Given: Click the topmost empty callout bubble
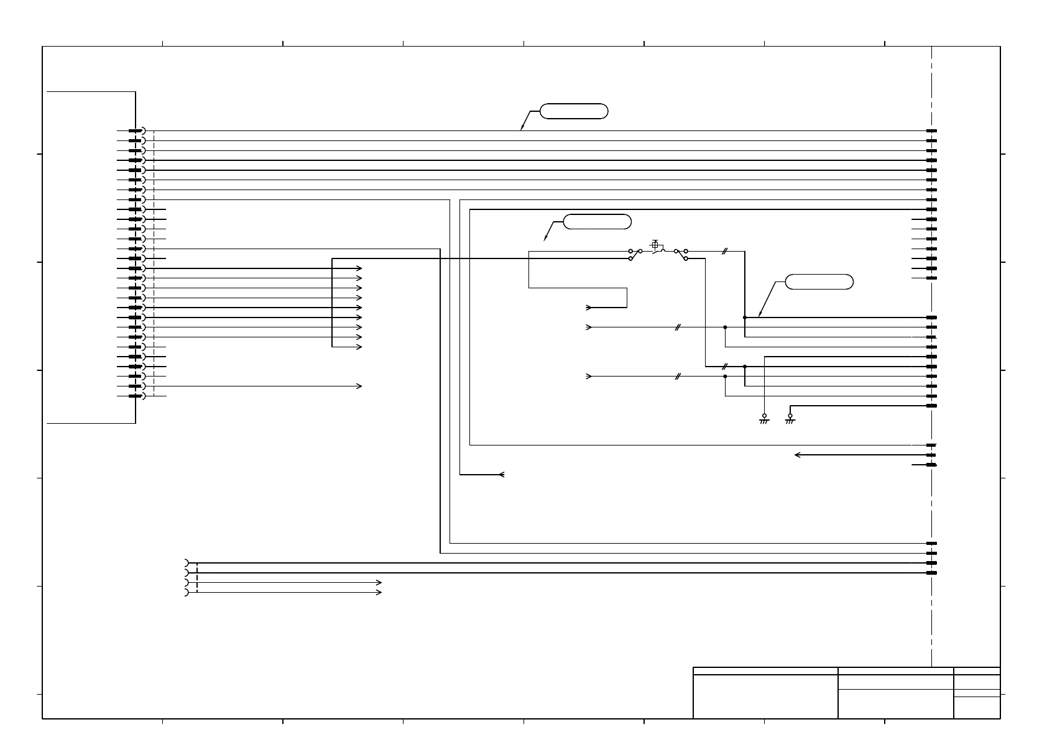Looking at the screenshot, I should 573,111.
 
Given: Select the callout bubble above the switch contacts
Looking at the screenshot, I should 597,221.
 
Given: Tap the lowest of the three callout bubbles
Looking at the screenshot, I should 819,281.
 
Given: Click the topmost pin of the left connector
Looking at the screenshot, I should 136,130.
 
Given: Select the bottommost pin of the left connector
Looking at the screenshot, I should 136,396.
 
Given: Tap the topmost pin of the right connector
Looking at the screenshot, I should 931,130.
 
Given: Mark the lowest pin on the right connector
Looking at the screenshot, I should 931,573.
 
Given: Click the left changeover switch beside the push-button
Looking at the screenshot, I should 635,254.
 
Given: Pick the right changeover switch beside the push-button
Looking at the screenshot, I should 681,254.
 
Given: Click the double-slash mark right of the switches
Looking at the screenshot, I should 724,251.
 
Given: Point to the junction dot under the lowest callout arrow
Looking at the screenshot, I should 744,317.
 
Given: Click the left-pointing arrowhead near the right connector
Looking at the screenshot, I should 798,455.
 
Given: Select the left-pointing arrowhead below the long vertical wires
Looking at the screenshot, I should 501,475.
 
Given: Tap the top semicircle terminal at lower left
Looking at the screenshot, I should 187,563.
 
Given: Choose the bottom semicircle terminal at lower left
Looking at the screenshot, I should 187,593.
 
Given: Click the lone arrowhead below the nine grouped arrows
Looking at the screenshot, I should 359,386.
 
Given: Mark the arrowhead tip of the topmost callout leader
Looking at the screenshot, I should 521,129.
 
